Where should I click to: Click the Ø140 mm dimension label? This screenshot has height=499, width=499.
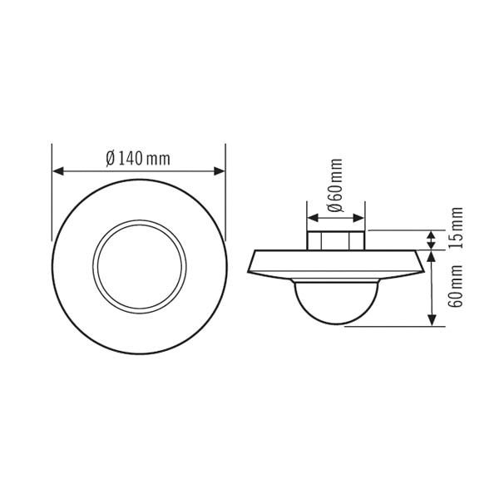138,159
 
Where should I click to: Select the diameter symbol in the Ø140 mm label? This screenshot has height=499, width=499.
111,159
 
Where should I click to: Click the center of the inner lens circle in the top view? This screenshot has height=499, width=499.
139,266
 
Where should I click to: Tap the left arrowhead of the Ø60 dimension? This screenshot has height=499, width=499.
312,219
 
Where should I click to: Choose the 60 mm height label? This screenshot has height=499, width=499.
456,286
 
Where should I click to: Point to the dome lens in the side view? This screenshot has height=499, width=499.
336,301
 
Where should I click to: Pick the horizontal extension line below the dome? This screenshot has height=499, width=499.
391,327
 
